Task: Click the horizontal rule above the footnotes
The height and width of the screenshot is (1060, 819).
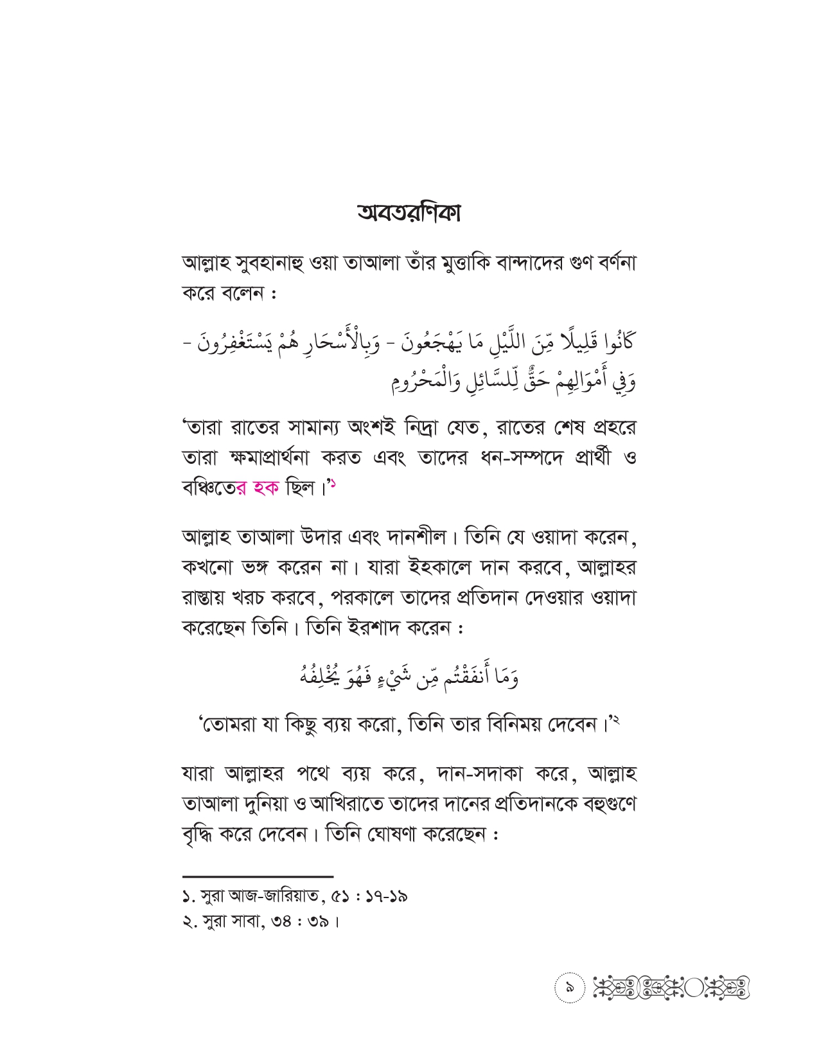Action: click(258, 876)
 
